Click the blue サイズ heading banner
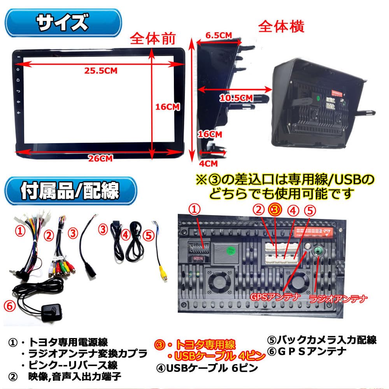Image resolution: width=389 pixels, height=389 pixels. pos(62,23)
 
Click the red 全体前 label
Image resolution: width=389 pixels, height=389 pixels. pos(152,38)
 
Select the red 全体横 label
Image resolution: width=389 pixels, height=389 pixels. pos(281,26)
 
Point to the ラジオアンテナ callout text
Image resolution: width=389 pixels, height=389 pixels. pos(337,299)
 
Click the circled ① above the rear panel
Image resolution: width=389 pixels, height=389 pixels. pos(196,209)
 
